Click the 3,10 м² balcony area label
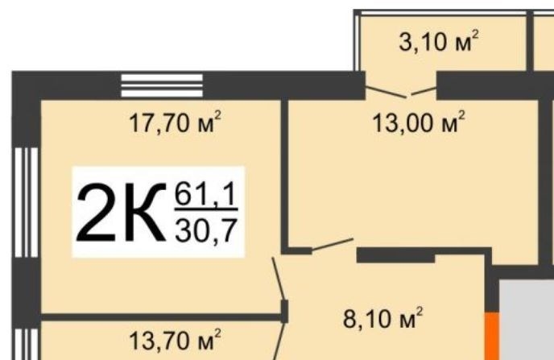[439, 41]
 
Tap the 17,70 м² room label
[175, 122]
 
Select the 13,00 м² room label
[419, 122]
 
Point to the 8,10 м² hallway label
[382, 318]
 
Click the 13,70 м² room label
[175, 340]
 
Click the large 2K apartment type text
[121, 212]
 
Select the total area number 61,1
[205, 194]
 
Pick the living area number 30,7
[205, 230]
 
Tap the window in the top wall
[162, 85]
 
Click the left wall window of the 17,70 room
[27, 202]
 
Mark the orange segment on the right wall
[491, 336]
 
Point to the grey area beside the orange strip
[527, 319]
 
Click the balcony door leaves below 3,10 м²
[401, 92]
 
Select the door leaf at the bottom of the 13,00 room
[333, 245]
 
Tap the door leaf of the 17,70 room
[278, 279]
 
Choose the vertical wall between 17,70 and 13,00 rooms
[285, 176]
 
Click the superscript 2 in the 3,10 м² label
[475, 35]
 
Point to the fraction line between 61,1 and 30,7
[206, 209]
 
